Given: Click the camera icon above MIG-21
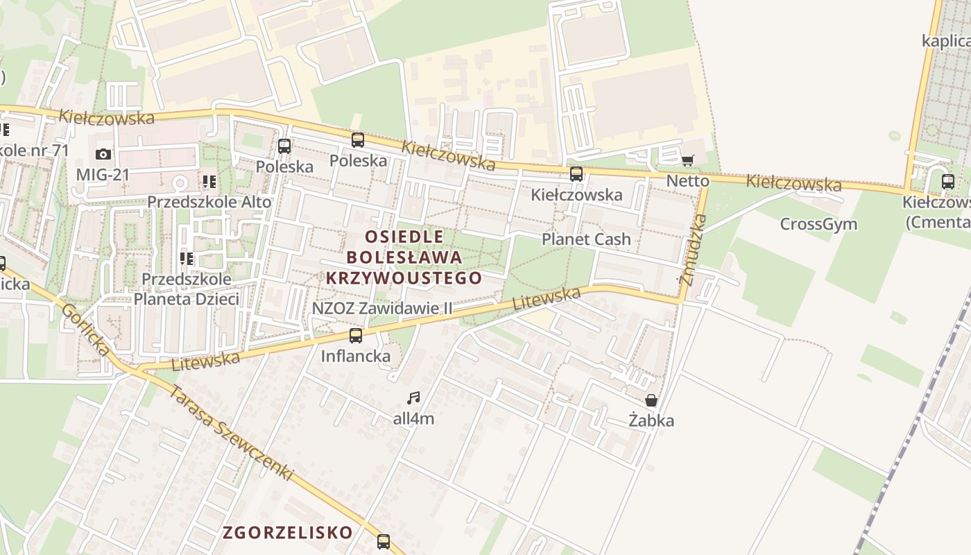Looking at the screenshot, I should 103,154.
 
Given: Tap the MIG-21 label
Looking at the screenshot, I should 103,174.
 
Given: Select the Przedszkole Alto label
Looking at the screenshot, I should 209,202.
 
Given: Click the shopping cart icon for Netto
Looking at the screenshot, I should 687,161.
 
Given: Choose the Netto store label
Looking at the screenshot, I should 687,181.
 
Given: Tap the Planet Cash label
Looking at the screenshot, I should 586,239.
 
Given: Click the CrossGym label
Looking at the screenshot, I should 818,224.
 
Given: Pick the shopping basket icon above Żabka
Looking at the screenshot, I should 651,400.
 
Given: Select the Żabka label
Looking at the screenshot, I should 651,420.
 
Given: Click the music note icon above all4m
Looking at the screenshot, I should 413,398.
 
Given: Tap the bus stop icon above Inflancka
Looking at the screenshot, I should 356,336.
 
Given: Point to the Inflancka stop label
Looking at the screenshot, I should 356,357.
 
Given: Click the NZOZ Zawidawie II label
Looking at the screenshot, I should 382,308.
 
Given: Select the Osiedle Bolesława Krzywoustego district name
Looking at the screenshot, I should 404,257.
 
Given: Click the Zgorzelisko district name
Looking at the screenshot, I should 288,533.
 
